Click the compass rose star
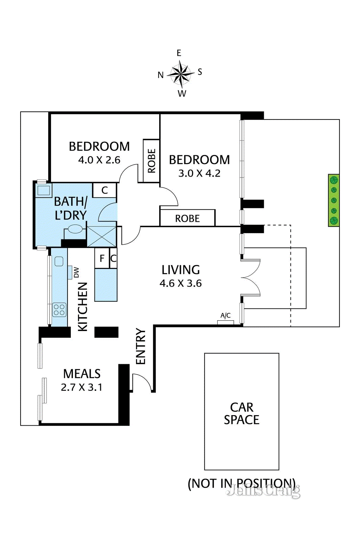pos(181,74)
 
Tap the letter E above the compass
pos(179,53)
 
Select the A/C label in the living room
pos(225,315)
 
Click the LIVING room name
pos(181,270)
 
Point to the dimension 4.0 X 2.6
pos(99,160)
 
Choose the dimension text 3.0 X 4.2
pos(199,173)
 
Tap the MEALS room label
pos(82,374)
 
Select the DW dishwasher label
pos(76,272)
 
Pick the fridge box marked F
pos(102,258)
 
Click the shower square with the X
pos(102,237)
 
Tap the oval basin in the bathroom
pos(76,229)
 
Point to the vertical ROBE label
pos(151,161)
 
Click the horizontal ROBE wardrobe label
pos(188,218)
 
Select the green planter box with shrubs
pos(334,200)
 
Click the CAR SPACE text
pos(242,413)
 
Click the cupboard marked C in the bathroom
pos(105,190)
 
